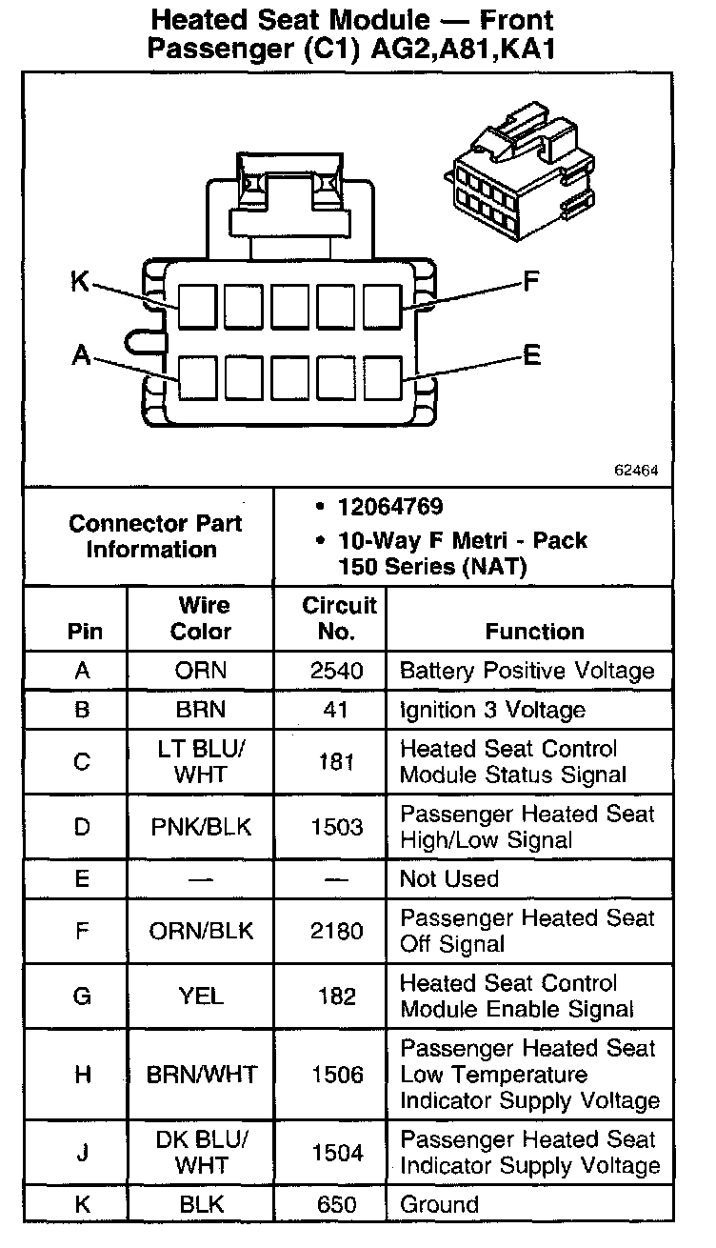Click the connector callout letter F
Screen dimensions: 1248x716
click(531, 281)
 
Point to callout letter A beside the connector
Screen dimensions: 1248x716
click(81, 355)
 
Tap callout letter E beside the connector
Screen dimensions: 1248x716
click(531, 355)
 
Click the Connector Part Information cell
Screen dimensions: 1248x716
click(154, 536)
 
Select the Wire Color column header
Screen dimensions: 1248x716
click(202, 618)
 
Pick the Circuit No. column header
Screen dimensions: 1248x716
click(340, 618)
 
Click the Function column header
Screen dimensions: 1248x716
click(534, 631)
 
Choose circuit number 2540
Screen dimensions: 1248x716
click(337, 671)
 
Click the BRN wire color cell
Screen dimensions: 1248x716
click(201, 710)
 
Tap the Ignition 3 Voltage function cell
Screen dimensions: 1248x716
click(492, 710)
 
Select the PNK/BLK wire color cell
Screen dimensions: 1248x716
click(201, 827)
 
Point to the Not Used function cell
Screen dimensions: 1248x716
click(449, 878)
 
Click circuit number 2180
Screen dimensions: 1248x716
click(337, 931)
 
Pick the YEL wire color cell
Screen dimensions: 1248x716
click(201, 996)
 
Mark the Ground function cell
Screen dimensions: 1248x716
click(439, 1204)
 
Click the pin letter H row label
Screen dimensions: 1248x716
click(83, 1075)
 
